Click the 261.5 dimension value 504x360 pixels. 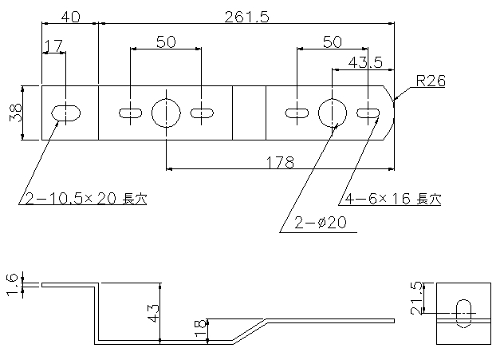pos(246,17)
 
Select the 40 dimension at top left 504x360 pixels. pos(71,17)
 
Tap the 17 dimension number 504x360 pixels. pos(53,45)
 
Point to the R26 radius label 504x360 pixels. pos(431,81)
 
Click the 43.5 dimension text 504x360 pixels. pos(365,62)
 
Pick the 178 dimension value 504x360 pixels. pos(281,163)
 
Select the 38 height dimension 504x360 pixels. pos(16,113)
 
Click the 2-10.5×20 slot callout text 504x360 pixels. pos(86,199)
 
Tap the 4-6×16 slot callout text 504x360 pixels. pos(393,199)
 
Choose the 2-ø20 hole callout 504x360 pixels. pos(321,223)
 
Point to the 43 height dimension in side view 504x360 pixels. pos(153,313)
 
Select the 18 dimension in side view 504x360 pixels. pos(200,328)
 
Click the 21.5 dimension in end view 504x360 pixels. pos(416,299)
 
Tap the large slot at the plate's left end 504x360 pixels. pos(66,113)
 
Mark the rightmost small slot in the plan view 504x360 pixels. pos(368,113)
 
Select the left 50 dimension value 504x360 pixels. pos(166,42)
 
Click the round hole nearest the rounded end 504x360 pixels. pos(333,113)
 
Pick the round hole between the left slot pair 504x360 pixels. pos(166,113)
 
